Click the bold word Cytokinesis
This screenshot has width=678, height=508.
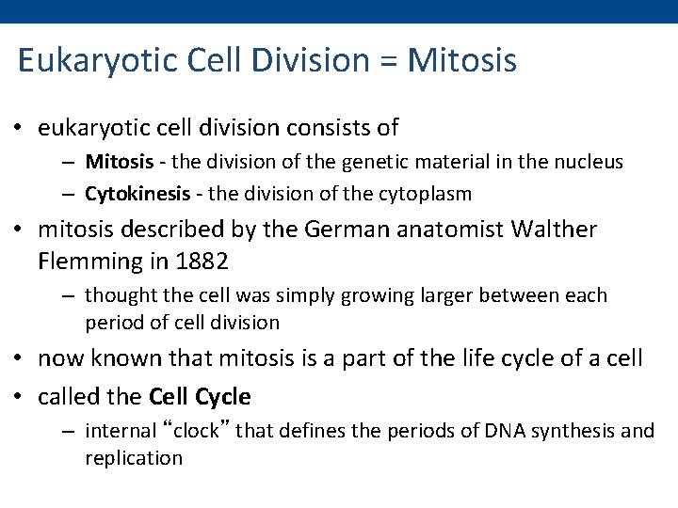pyautogui.click(x=135, y=195)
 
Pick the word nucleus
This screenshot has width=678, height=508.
pyautogui.click(x=589, y=162)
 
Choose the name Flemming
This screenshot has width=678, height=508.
pyautogui.click(x=88, y=259)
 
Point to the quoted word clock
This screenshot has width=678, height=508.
pyautogui.click(x=199, y=431)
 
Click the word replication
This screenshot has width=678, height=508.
pyautogui.click(x=133, y=458)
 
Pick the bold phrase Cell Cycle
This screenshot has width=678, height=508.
pyautogui.click(x=201, y=397)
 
